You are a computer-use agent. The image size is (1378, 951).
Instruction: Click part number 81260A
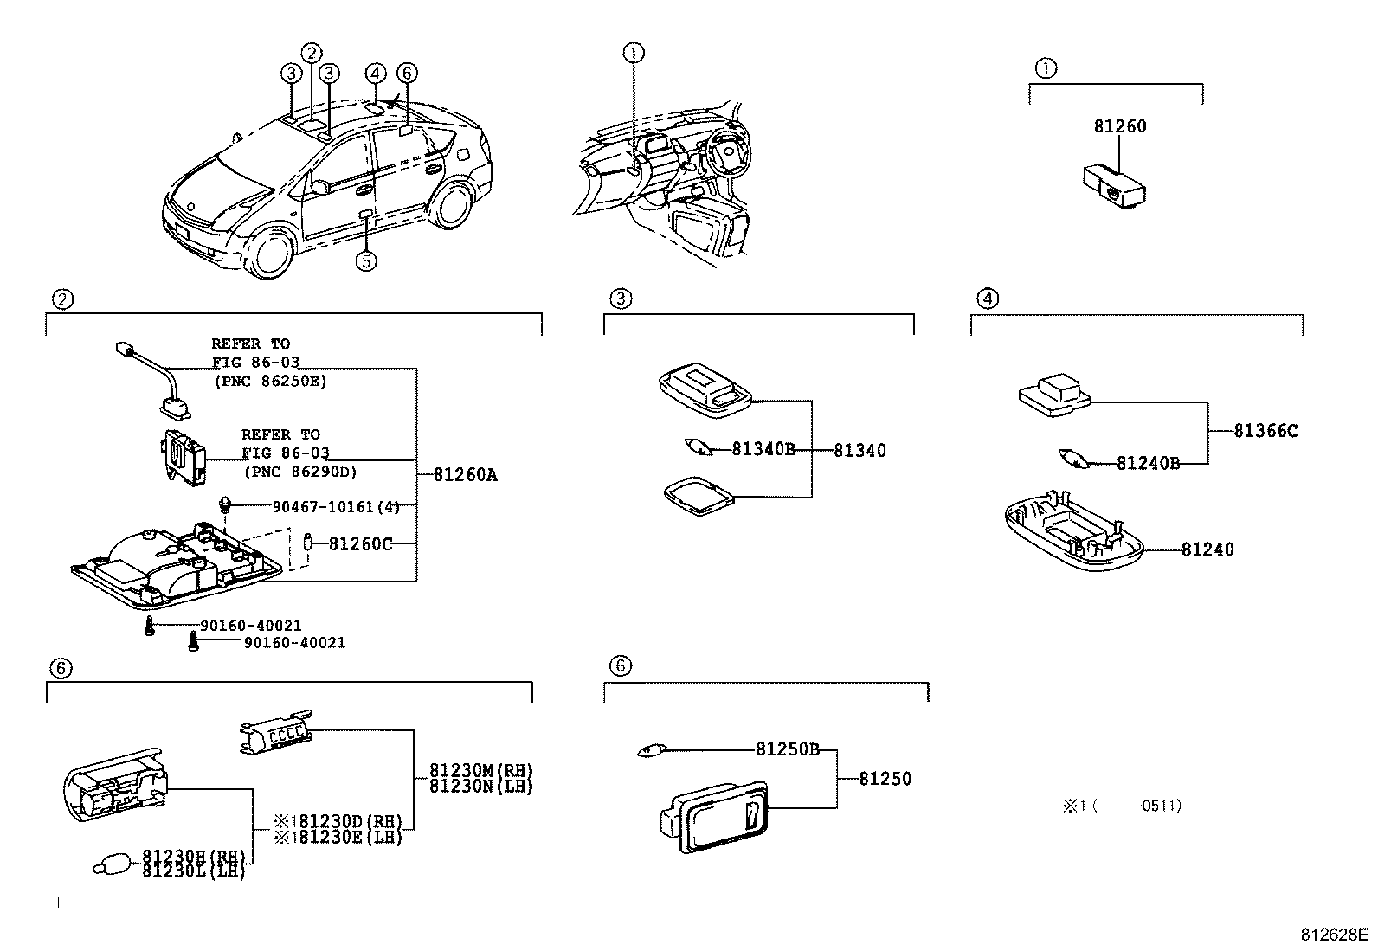point(465,475)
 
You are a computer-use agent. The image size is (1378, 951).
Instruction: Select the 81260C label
point(360,544)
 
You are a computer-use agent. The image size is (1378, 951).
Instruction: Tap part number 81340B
point(763,449)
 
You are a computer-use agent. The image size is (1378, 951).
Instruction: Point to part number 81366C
point(1265,430)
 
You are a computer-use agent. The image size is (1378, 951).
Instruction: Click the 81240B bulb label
point(1148,463)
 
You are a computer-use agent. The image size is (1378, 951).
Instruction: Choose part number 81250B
point(787,749)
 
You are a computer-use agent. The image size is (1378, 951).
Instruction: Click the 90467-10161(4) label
point(336,506)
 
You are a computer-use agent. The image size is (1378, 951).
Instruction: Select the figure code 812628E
point(1333,935)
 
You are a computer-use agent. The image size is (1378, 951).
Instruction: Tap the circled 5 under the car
point(366,260)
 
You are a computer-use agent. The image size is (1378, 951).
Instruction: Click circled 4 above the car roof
point(374,74)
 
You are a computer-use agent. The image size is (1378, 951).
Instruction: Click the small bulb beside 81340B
point(698,449)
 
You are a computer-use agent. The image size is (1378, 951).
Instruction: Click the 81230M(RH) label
point(480,770)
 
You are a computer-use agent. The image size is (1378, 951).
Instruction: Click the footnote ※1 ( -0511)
point(1121,806)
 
